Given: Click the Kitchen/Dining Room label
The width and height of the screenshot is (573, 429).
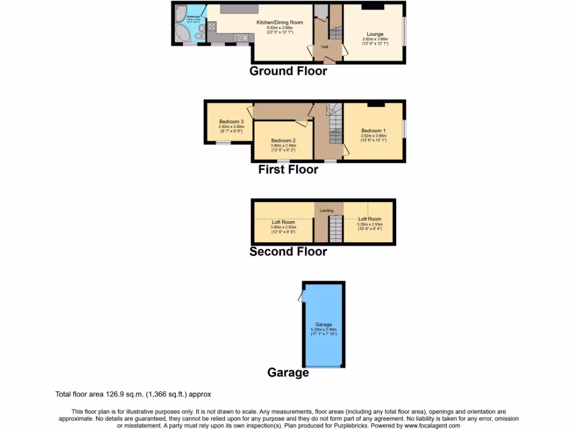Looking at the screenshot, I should tap(279, 22).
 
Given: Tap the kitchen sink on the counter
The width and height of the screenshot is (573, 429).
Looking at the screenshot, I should tap(241, 37).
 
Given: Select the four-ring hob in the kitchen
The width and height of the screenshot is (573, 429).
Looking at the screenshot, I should tap(213, 26).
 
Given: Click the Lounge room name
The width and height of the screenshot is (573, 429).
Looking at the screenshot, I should tap(375, 34).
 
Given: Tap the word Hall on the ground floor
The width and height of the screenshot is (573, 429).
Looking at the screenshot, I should tap(325, 47).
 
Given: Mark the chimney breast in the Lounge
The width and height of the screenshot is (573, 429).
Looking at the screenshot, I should tap(372, 6).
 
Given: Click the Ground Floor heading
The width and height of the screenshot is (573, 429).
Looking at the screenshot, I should tap(288, 71).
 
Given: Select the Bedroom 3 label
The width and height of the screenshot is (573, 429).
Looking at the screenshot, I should tap(231, 122).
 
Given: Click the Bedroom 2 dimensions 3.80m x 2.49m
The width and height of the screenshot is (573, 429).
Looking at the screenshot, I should tap(283, 146).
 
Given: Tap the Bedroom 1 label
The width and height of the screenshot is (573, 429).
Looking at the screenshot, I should tap(373, 131).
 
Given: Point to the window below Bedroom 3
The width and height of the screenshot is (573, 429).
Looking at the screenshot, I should tap(223, 143).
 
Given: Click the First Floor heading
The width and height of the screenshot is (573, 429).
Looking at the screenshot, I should tap(288, 170).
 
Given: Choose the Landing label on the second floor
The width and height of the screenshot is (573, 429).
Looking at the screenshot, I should tap(326, 211).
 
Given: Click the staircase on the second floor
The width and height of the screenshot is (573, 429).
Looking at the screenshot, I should tap(334, 230).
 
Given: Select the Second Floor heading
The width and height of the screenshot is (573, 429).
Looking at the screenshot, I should tap(288, 252).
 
